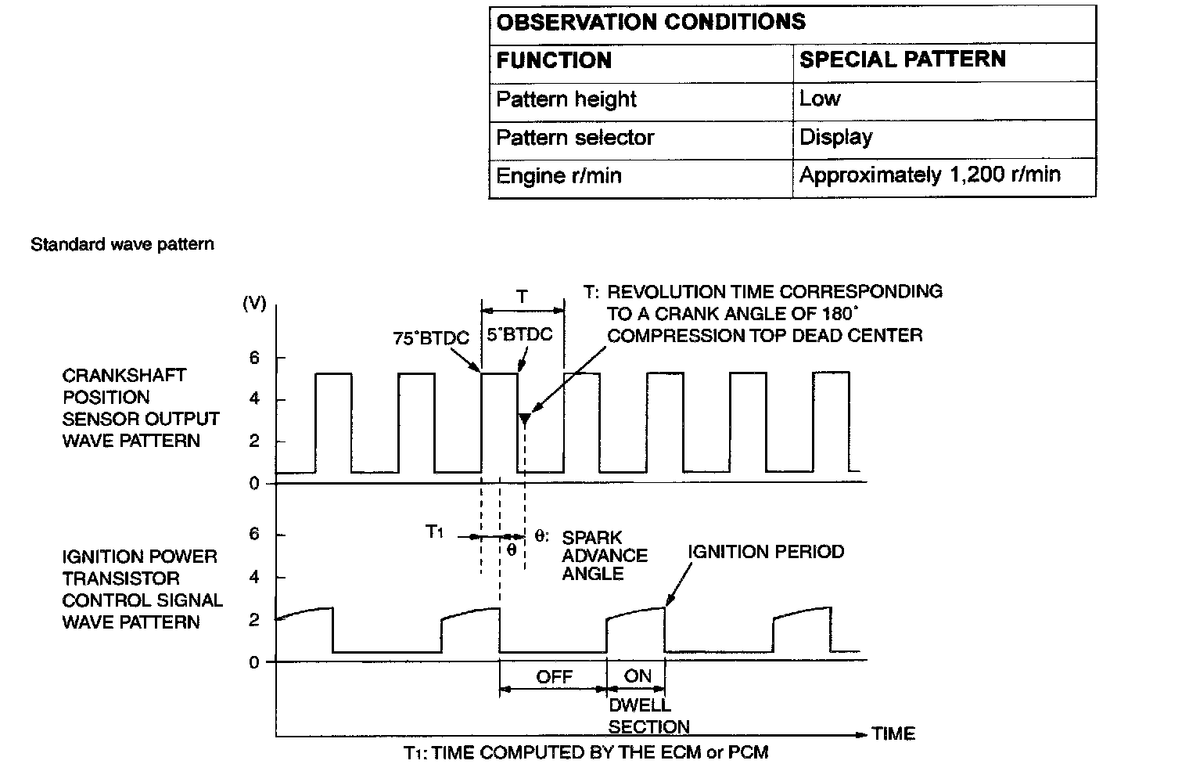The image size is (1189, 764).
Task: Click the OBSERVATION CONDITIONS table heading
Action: click(650, 22)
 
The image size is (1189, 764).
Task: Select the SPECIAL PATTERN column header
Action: click(902, 59)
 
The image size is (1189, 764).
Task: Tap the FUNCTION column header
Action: click(554, 60)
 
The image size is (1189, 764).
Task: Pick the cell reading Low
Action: click(819, 99)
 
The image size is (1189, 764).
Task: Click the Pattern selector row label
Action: click(575, 138)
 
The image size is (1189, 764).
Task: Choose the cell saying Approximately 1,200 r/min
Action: click(929, 175)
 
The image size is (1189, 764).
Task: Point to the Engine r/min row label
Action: click(559, 175)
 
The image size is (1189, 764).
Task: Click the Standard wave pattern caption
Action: click(122, 244)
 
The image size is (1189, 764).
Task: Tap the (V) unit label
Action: click(254, 304)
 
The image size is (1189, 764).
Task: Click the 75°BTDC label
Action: click(431, 338)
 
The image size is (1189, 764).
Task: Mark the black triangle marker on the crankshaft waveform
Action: click(525, 419)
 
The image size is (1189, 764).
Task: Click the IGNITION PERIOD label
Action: click(766, 552)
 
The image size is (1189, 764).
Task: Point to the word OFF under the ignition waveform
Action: click(554, 676)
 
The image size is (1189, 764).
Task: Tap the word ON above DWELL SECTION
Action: click(638, 676)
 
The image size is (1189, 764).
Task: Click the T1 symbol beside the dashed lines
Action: click(435, 532)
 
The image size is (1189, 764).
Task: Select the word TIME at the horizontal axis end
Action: click(893, 733)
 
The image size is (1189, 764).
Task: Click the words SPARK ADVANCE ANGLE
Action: click(604, 555)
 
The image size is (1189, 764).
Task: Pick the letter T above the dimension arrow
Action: click(522, 297)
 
